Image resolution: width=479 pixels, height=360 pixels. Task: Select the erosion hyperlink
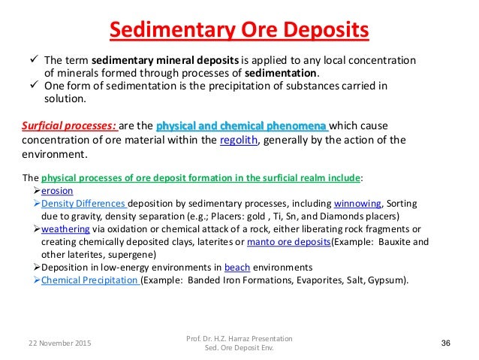point(57,191)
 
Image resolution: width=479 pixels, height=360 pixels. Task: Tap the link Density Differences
point(84,203)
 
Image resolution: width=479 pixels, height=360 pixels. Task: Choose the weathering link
point(66,229)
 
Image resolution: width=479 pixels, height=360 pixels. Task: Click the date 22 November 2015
point(53,343)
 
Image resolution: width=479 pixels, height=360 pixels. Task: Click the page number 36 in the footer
point(446,343)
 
